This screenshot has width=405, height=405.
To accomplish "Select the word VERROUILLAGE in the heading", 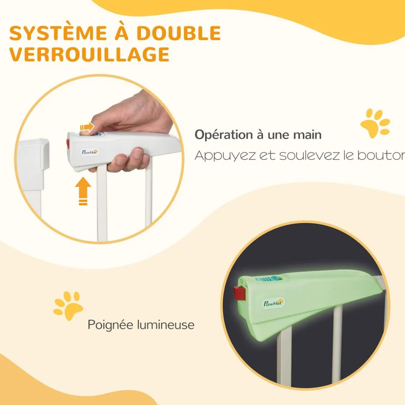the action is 89,54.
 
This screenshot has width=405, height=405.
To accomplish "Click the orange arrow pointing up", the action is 83,191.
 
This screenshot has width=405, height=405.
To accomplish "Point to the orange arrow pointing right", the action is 87,127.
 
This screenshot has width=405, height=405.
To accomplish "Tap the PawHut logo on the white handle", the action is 90,152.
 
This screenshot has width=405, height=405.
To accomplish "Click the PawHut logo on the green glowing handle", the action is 273,303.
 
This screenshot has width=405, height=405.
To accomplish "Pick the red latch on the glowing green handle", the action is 239,293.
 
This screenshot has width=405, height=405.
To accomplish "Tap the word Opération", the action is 224,135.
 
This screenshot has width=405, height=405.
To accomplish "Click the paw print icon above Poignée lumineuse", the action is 68,306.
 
